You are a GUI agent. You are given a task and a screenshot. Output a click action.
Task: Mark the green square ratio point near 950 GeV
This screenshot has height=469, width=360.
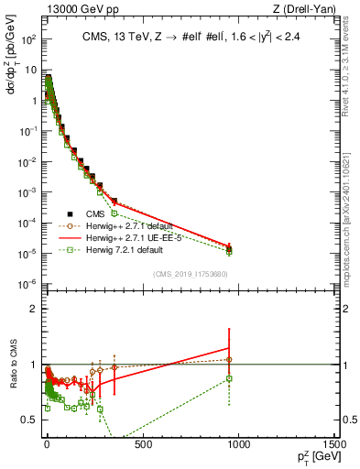(x=228, y=378)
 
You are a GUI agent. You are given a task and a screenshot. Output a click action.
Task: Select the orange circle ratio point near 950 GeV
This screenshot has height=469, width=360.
(x=228, y=360)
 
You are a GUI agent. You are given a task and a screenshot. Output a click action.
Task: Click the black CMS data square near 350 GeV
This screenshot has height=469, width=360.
(x=114, y=201)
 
